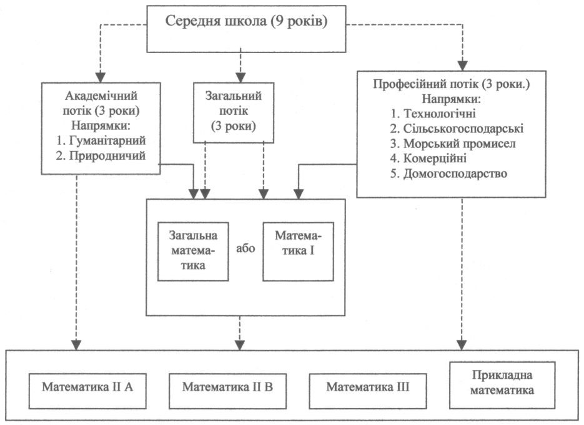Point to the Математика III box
pyautogui.click(x=367, y=386)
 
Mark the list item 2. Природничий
pyautogui.click(x=101, y=156)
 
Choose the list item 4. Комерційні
pyautogui.click(x=428, y=158)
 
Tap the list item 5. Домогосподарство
pyautogui.click(x=448, y=173)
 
